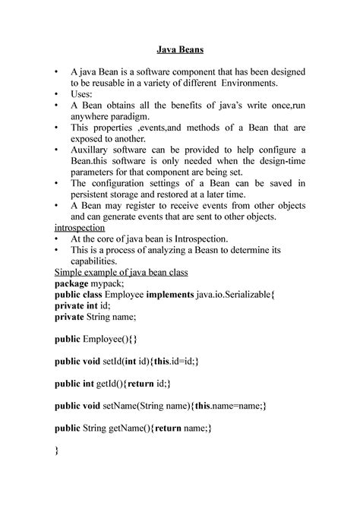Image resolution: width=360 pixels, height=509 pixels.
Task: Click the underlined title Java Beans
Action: (x=179, y=52)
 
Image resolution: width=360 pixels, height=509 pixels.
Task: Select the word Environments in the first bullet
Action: (x=242, y=84)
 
